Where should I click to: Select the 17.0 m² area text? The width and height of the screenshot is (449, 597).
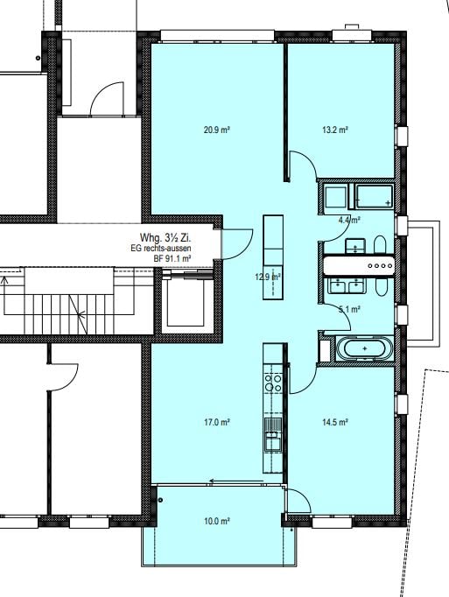(x=216, y=422)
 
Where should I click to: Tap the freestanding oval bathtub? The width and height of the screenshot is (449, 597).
(x=366, y=349)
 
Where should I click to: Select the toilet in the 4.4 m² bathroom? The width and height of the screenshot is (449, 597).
(x=378, y=244)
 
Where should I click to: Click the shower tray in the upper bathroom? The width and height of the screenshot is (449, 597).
(x=373, y=196)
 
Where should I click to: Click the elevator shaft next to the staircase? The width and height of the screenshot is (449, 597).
(x=188, y=303)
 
